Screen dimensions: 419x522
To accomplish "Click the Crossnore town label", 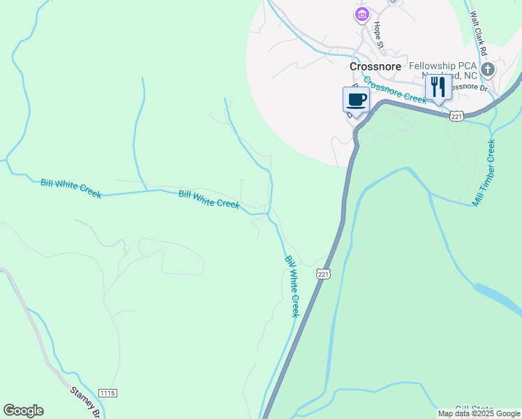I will (375, 67).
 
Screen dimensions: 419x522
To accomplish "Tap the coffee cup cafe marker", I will (356, 100).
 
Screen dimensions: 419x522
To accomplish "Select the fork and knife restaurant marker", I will (438, 87).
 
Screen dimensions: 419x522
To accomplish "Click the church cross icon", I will (488, 69).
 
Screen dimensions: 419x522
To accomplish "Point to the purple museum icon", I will (361, 15).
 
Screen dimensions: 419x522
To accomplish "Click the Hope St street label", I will (379, 34).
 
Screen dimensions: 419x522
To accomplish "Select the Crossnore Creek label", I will (394, 90).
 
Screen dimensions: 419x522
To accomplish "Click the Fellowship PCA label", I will (443, 66).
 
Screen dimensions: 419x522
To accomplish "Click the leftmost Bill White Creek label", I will (70, 188).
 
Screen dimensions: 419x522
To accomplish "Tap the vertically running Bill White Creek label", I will (292, 286).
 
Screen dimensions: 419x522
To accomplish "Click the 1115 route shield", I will (107, 394).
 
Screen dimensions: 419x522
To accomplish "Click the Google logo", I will (23, 411).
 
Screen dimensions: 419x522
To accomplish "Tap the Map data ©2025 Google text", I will (479, 414).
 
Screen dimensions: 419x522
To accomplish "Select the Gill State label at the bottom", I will (474, 409).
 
